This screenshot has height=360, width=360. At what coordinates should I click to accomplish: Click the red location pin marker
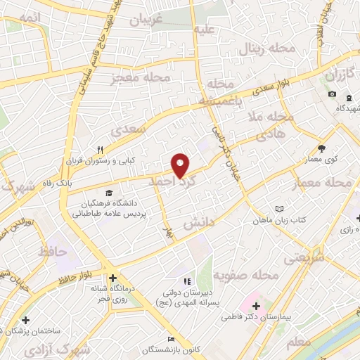pyautogui.click(x=181, y=165)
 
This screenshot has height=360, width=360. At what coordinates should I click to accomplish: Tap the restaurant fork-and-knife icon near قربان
pyautogui.click(x=101, y=149)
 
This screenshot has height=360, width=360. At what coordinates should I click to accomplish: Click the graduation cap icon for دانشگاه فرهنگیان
pyautogui.click(x=109, y=193)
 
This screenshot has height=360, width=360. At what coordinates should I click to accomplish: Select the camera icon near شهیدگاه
pyautogui.click(x=332, y=94)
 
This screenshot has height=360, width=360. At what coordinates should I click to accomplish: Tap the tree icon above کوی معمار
pyautogui.click(x=322, y=148)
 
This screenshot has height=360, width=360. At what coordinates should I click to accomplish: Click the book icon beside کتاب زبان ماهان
pyautogui.click(x=280, y=209)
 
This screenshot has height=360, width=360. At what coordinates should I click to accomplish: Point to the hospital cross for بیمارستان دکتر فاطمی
pyautogui.click(x=256, y=307)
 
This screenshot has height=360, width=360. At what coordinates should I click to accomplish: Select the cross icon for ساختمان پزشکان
pyautogui.click(x=25, y=320)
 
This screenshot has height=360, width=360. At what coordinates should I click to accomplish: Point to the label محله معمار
pyautogui.click(x=325, y=182)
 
